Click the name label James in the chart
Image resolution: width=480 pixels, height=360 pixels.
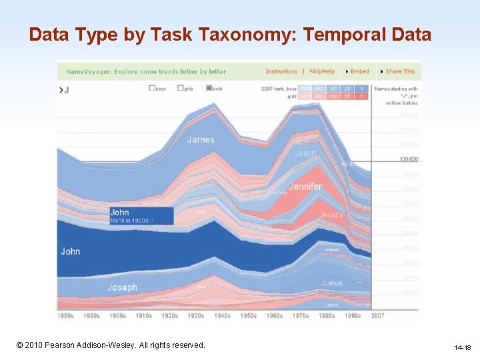(201, 139)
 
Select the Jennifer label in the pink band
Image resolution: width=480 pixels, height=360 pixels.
(305, 187)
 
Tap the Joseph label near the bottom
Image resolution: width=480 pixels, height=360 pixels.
(122, 287)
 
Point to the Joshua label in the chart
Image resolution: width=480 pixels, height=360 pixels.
(331, 283)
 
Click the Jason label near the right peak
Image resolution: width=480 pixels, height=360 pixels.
(305, 153)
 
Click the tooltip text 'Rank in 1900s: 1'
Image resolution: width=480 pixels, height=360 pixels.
(132, 221)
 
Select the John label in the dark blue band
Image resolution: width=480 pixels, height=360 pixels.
(70, 251)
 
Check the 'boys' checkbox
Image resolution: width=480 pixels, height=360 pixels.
(153, 88)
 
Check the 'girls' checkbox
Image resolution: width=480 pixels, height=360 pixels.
(181, 88)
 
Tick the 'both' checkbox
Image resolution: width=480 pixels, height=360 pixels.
(209, 88)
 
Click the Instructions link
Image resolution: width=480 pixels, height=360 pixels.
(281, 71)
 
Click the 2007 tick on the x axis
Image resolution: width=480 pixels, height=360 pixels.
(378, 315)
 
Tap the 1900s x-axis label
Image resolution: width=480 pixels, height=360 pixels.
(117, 315)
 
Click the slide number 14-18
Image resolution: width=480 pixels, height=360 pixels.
(462, 347)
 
